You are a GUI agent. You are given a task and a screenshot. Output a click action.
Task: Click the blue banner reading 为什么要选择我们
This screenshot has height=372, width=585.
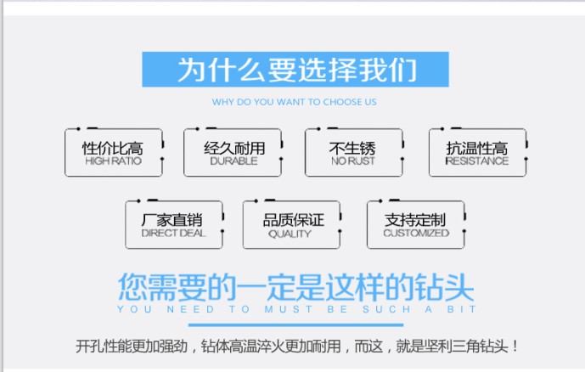[295, 70]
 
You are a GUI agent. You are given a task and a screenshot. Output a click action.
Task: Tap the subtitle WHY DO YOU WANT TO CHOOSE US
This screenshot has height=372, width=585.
[294, 102]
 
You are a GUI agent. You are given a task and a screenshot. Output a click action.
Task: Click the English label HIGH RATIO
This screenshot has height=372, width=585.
[113, 161]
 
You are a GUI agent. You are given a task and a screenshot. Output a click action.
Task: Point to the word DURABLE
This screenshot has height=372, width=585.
[233, 161]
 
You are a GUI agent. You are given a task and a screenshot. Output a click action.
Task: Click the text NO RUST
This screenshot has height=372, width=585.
[352, 161]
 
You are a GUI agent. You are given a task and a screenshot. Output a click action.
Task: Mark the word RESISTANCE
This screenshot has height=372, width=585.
[476, 161]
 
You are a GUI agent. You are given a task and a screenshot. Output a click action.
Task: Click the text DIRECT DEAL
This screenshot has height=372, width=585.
[172, 234]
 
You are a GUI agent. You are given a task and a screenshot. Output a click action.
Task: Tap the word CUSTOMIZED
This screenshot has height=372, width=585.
[415, 234]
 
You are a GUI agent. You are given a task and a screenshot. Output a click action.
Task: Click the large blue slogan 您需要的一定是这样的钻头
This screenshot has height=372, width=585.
[295, 286]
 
